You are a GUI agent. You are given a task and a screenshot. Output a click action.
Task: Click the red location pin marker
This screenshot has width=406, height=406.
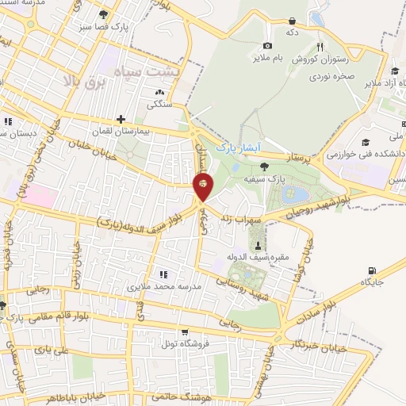coord(203,186)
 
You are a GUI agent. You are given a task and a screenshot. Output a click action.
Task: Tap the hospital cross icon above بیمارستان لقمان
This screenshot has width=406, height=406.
coord(121,120)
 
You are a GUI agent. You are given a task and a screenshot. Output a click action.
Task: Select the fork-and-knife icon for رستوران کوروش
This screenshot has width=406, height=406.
coord(320,47)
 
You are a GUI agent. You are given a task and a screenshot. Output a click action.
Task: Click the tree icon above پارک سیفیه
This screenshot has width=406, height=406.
coord(263,166)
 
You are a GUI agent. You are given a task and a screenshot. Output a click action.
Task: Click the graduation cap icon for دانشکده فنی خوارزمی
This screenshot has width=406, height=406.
coord(366,142)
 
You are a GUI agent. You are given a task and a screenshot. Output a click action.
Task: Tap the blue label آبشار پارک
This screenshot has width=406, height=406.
coord(238,148)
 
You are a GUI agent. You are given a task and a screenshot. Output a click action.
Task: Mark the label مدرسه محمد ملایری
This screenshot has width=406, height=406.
coord(164,285)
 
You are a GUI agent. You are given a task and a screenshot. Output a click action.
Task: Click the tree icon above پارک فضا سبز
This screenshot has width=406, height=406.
coord(103,14)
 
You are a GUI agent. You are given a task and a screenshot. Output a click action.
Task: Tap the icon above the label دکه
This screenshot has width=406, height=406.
coord(293,21)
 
